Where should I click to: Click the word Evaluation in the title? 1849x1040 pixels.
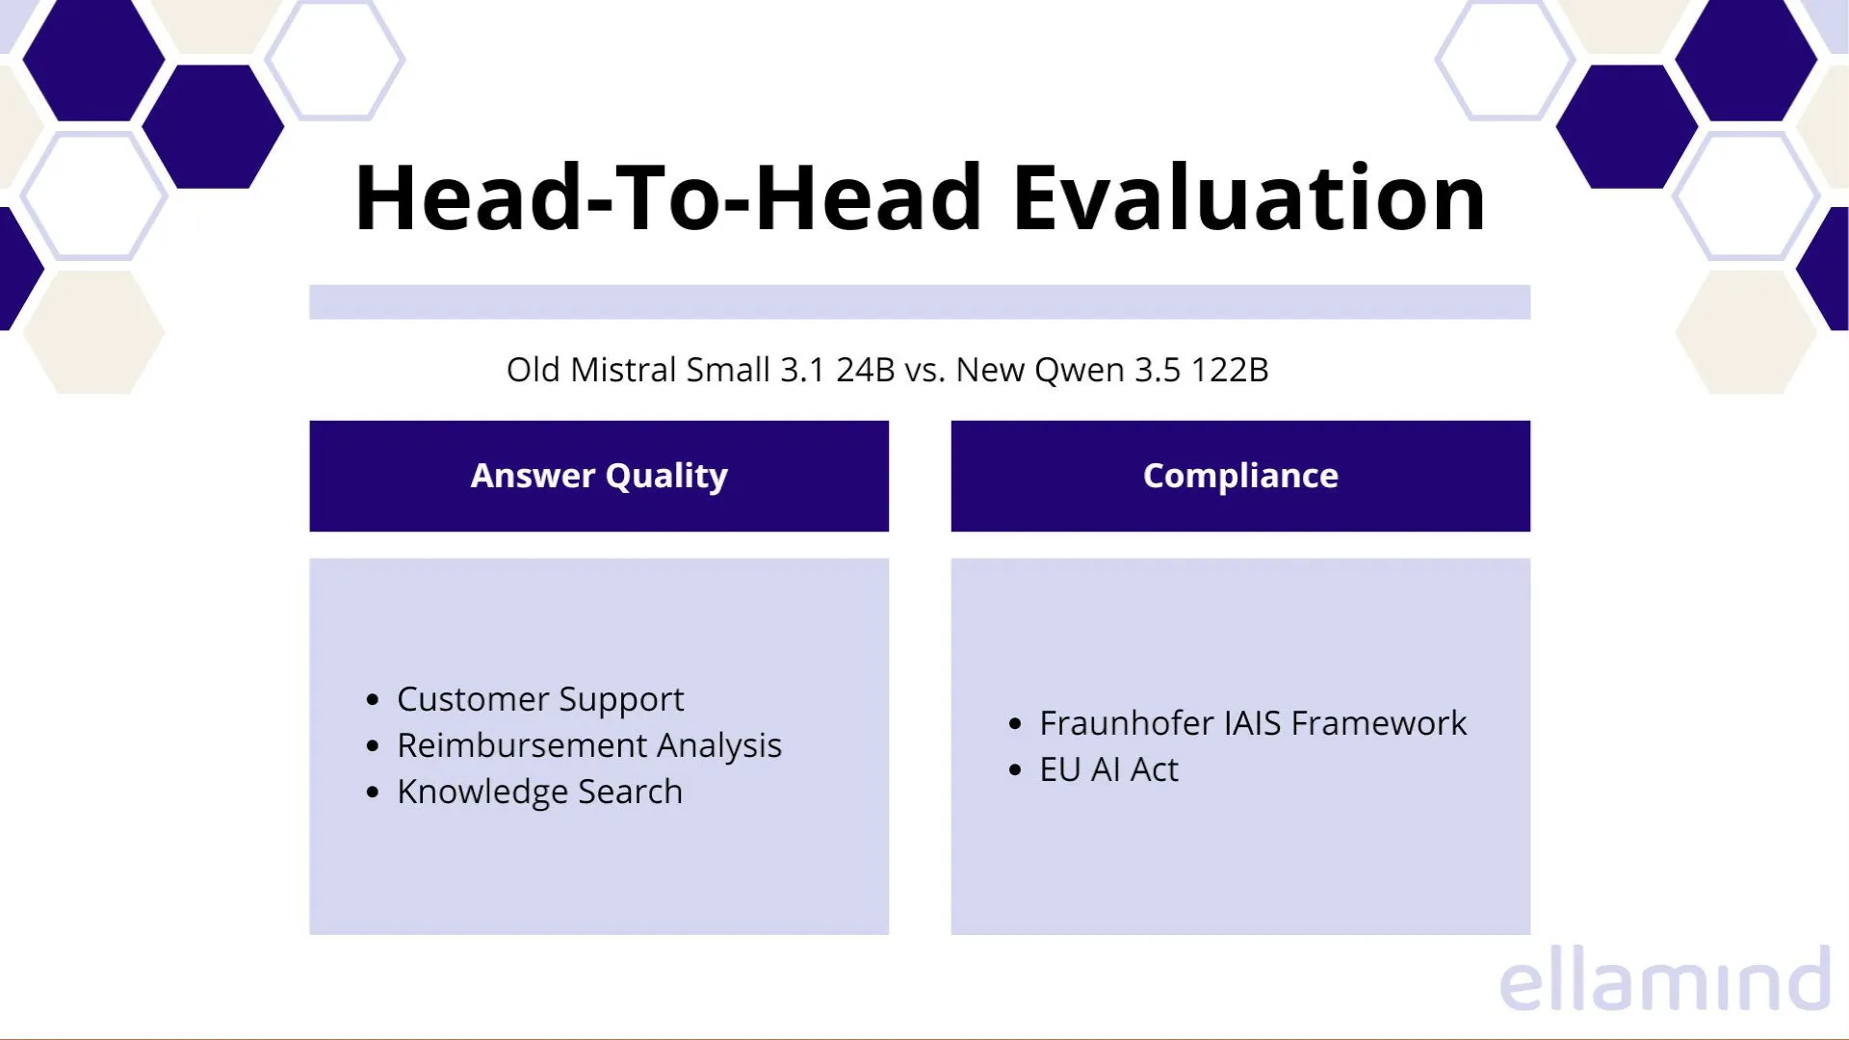[x=1248, y=198]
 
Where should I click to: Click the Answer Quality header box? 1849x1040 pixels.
[x=598, y=476]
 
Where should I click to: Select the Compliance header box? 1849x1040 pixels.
[x=1239, y=476]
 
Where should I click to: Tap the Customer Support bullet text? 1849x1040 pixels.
[x=539, y=699]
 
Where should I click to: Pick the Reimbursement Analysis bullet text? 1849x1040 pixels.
[x=588, y=745]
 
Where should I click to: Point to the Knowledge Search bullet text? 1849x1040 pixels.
[x=539, y=792]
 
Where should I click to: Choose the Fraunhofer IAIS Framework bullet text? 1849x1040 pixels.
[x=1252, y=723]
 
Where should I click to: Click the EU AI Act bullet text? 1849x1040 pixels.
[x=1108, y=769]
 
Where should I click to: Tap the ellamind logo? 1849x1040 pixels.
[x=1663, y=980]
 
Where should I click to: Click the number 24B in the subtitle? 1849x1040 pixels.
[x=865, y=370]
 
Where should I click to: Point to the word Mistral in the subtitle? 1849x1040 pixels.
[x=622, y=370]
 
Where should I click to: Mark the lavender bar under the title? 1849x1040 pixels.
[x=919, y=301]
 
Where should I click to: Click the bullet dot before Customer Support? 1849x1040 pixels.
[x=374, y=700]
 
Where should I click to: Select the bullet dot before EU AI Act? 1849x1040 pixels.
[x=1014, y=770]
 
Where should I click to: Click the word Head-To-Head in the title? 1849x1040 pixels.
[x=667, y=198]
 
